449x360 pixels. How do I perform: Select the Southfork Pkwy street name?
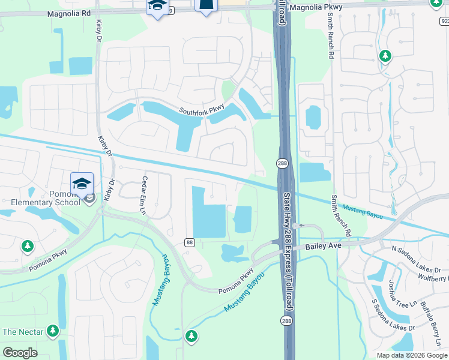tap(202, 109)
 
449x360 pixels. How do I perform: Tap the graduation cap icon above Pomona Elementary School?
tap(82, 183)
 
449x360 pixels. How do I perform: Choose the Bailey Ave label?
tap(323, 245)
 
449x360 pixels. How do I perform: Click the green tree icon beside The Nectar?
tap(53, 330)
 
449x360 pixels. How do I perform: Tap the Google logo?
tap(20, 353)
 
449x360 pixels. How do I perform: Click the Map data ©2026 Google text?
tap(411, 355)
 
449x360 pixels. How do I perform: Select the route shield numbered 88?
tap(190, 242)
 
